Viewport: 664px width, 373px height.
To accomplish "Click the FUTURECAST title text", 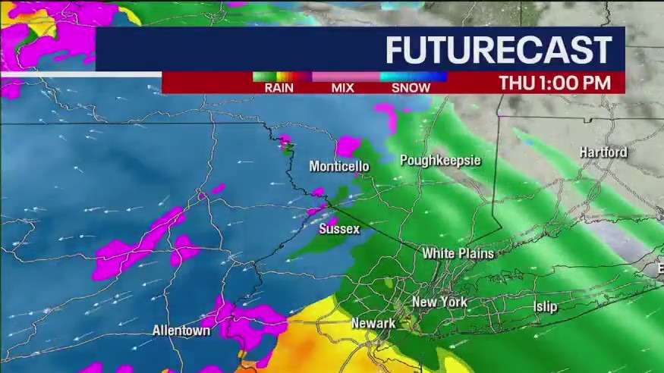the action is pos(499,50).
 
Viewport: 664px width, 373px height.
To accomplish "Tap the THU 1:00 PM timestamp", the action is pos(555,83).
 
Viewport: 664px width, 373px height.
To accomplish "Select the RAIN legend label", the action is pos(279,88).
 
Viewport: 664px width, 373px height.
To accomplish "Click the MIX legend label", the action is pos(343,88).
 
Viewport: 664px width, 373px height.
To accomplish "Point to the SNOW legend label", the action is pos(411,88).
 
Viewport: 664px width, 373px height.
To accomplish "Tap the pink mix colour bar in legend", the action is pos(345,77).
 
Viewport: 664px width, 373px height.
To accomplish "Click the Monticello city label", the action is pos(339,166).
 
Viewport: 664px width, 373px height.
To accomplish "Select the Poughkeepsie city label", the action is pos(440,160).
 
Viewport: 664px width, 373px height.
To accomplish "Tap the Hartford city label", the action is pos(603,152).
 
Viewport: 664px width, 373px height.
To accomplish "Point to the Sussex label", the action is pos(339,228).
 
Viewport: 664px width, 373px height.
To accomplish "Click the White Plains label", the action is pos(458,253).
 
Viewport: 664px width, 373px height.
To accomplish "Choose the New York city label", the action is pos(439,302).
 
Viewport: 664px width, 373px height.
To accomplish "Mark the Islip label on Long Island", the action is pos(545,306).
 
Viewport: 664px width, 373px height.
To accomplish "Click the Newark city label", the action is pos(373,324).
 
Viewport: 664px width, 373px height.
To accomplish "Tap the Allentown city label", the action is pos(181,331).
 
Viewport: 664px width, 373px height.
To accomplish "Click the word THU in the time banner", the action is pos(515,83).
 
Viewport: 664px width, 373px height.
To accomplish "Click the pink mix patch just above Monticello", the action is pos(348,145).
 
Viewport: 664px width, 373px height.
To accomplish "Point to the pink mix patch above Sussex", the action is pos(318,192).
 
